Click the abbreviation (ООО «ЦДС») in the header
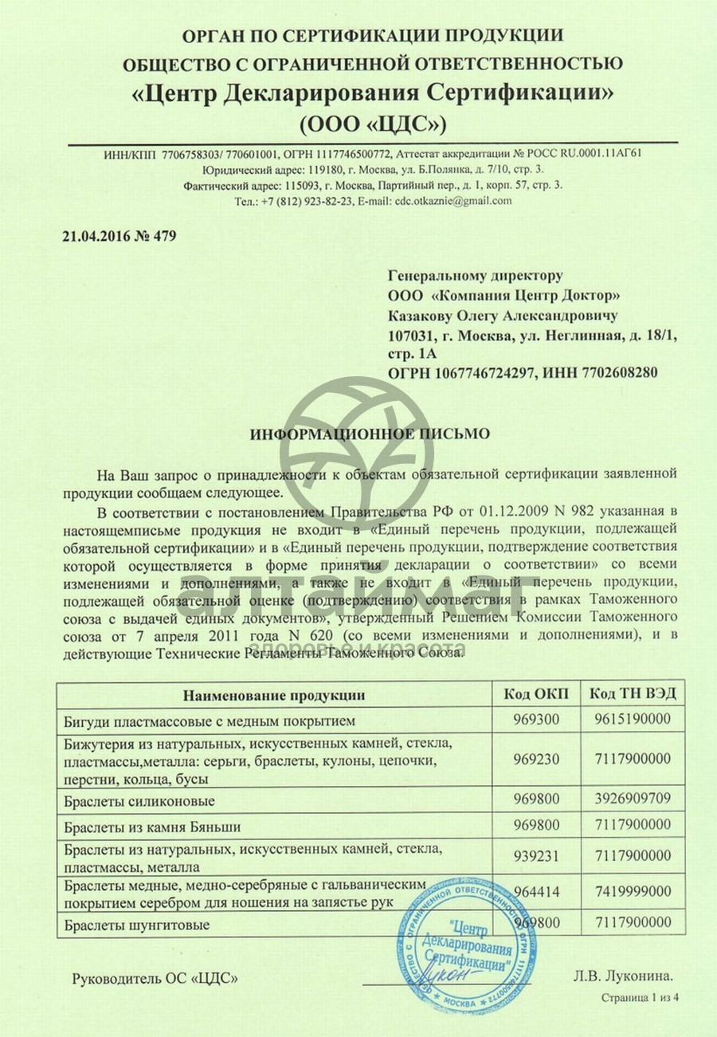[x=373, y=124]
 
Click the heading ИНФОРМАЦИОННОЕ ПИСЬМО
[x=370, y=434]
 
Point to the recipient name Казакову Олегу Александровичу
[x=502, y=316]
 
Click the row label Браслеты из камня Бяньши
[x=151, y=826]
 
